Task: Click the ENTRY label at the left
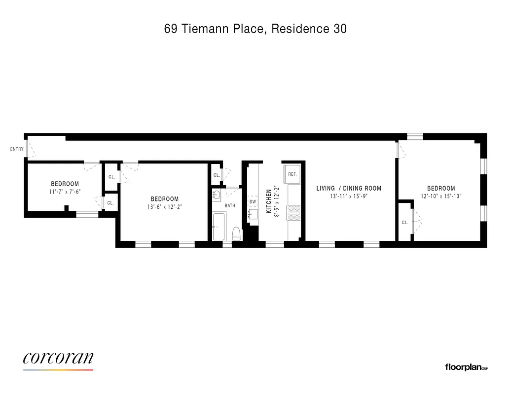(x=17, y=149)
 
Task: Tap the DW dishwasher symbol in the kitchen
(x=253, y=201)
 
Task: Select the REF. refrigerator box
(x=292, y=174)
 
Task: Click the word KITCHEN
(x=269, y=201)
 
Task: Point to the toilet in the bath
(x=236, y=233)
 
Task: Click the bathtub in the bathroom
(x=219, y=226)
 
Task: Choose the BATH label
(x=230, y=205)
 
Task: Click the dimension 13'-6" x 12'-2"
(x=164, y=207)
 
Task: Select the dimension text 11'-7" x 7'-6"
(x=65, y=192)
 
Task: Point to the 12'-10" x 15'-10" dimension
(x=441, y=196)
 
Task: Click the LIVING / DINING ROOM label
(x=349, y=188)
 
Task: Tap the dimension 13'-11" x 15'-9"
(x=349, y=196)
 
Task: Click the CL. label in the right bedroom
(x=405, y=223)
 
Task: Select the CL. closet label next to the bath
(x=217, y=175)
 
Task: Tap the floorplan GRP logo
(x=466, y=367)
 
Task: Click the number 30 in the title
(x=340, y=29)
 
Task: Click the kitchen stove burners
(x=294, y=212)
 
